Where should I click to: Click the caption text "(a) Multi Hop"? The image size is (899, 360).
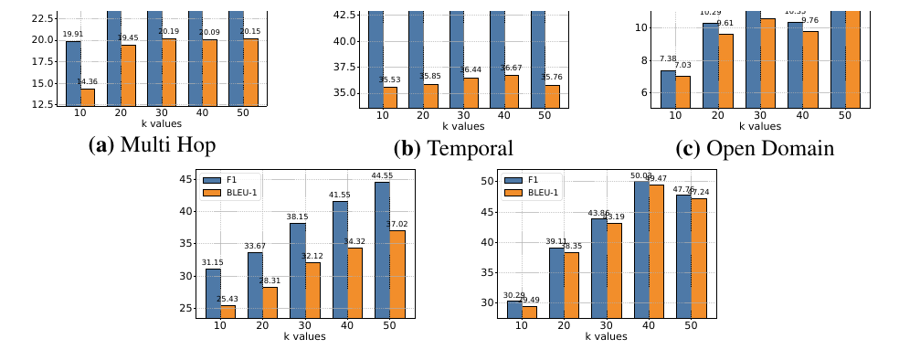tap(152, 146)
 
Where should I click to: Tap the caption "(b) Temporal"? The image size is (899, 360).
tap(453, 148)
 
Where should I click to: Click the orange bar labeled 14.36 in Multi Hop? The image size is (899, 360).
tap(88, 98)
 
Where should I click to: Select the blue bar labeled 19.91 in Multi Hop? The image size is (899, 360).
tap(73, 74)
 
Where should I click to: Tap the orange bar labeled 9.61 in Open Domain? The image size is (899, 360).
tap(726, 70)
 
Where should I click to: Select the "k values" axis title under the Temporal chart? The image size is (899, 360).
tap(454, 126)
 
